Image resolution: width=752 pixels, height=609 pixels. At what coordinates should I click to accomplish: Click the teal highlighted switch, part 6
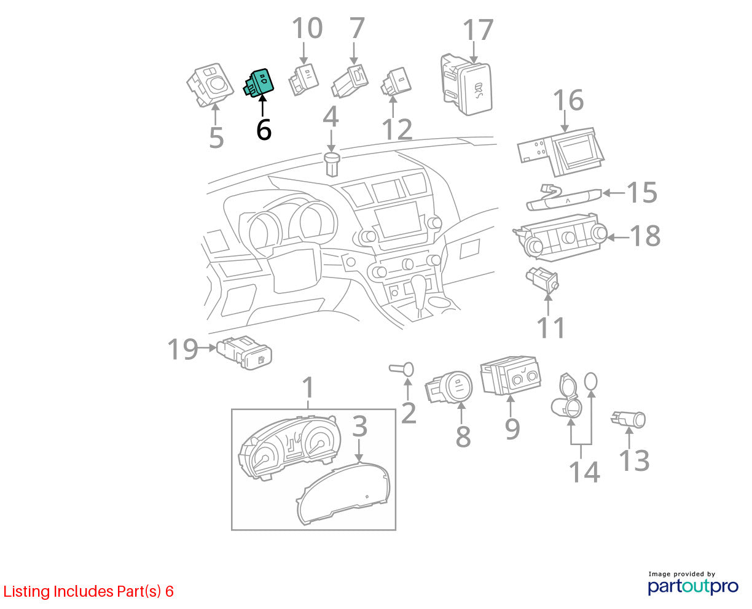click(x=258, y=82)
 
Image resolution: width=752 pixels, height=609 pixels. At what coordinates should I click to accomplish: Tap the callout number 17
click(x=477, y=30)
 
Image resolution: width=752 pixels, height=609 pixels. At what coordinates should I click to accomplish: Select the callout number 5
click(x=216, y=138)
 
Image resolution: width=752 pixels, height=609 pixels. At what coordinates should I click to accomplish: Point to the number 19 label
click(x=182, y=349)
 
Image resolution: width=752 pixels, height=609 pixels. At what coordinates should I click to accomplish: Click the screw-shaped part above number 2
click(x=401, y=369)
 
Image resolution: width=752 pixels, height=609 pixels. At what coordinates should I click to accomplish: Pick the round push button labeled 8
click(x=448, y=387)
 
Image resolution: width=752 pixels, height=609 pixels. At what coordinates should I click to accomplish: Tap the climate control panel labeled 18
click(x=560, y=237)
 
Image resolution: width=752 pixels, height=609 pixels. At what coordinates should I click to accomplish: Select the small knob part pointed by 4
click(x=332, y=164)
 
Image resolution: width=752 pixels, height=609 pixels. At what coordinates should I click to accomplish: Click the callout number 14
click(x=584, y=471)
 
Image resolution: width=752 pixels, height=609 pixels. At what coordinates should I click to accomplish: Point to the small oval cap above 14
click(x=590, y=381)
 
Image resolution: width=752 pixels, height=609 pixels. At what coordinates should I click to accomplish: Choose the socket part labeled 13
click(x=628, y=419)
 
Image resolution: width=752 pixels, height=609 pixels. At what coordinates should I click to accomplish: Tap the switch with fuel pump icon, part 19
click(x=245, y=352)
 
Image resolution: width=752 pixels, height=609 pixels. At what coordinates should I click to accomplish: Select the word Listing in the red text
click(x=26, y=591)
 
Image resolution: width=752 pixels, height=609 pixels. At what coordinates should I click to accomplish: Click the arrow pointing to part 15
click(x=614, y=193)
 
